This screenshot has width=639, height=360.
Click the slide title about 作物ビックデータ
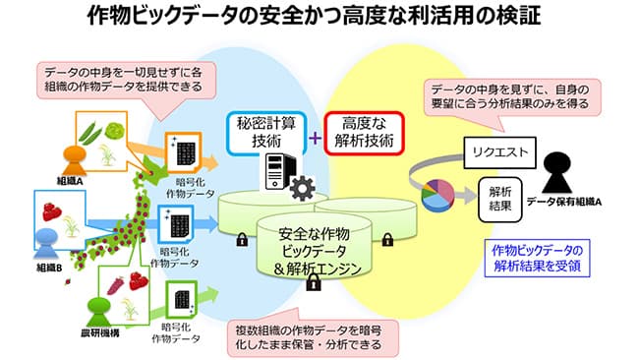(319, 17)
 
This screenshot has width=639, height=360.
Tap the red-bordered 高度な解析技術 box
(365, 134)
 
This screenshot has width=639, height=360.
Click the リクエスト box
(499, 153)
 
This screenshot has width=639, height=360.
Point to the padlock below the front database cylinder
(313, 284)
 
